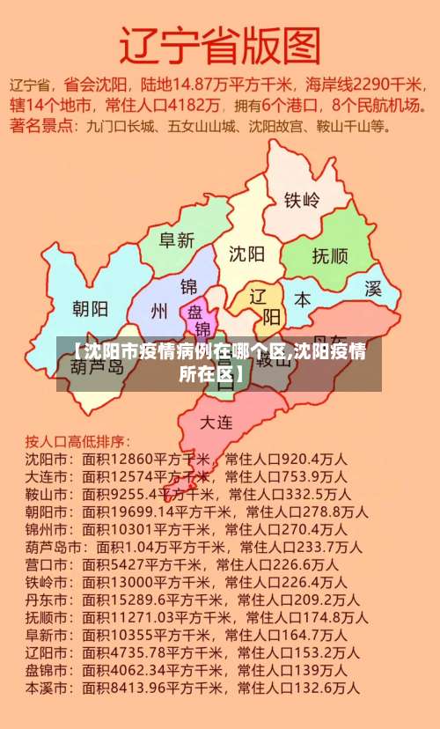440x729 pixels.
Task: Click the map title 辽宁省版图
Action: [220, 44]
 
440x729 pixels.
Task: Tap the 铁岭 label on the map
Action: [301, 200]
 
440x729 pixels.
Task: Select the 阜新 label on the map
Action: [176, 239]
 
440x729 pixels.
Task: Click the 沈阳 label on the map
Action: [247, 254]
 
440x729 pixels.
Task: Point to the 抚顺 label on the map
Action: [330, 256]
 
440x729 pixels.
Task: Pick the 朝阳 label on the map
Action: [90, 308]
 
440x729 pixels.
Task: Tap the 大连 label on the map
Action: [216, 422]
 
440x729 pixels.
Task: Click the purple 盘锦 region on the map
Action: [197, 319]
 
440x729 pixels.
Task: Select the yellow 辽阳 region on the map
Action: [261, 304]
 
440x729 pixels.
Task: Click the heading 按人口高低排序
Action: [77, 440]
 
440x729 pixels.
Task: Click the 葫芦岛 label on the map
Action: [98, 366]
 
